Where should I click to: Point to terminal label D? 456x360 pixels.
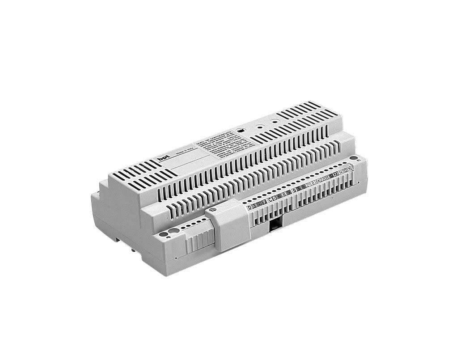point(249,207)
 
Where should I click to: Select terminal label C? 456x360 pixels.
point(270,201)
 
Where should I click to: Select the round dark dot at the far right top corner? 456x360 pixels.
point(353,158)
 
